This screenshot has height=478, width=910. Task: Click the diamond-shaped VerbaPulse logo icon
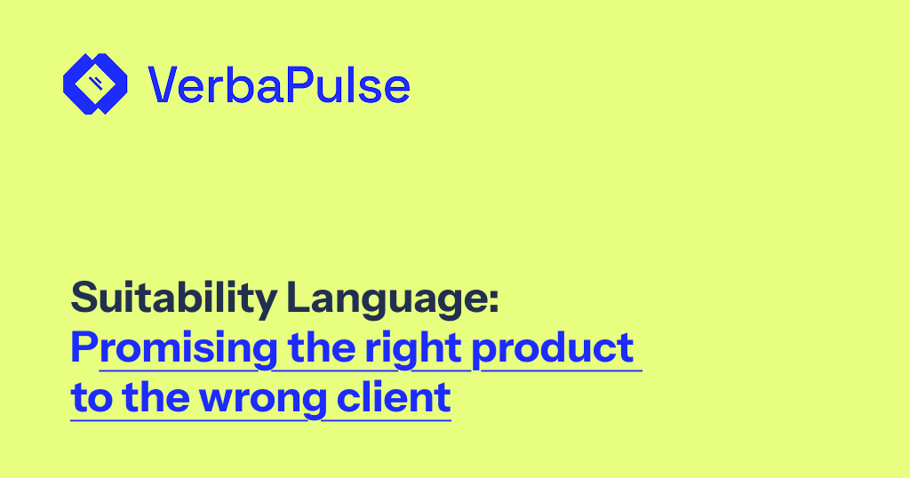pos(95,84)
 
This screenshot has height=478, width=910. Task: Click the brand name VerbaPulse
pos(278,85)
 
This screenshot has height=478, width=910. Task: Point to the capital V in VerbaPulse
pos(164,84)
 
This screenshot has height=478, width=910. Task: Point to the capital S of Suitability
pos(83,297)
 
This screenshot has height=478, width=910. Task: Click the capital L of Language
pos(299,297)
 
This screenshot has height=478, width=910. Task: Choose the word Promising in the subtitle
pos(174,349)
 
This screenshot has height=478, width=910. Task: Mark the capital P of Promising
pos(83,347)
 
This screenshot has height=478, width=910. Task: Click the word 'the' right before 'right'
pos(321,347)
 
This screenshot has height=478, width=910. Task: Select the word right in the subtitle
pos(413,349)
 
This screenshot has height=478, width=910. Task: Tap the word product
pos(552,349)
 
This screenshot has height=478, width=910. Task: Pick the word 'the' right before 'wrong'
pos(156,397)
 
